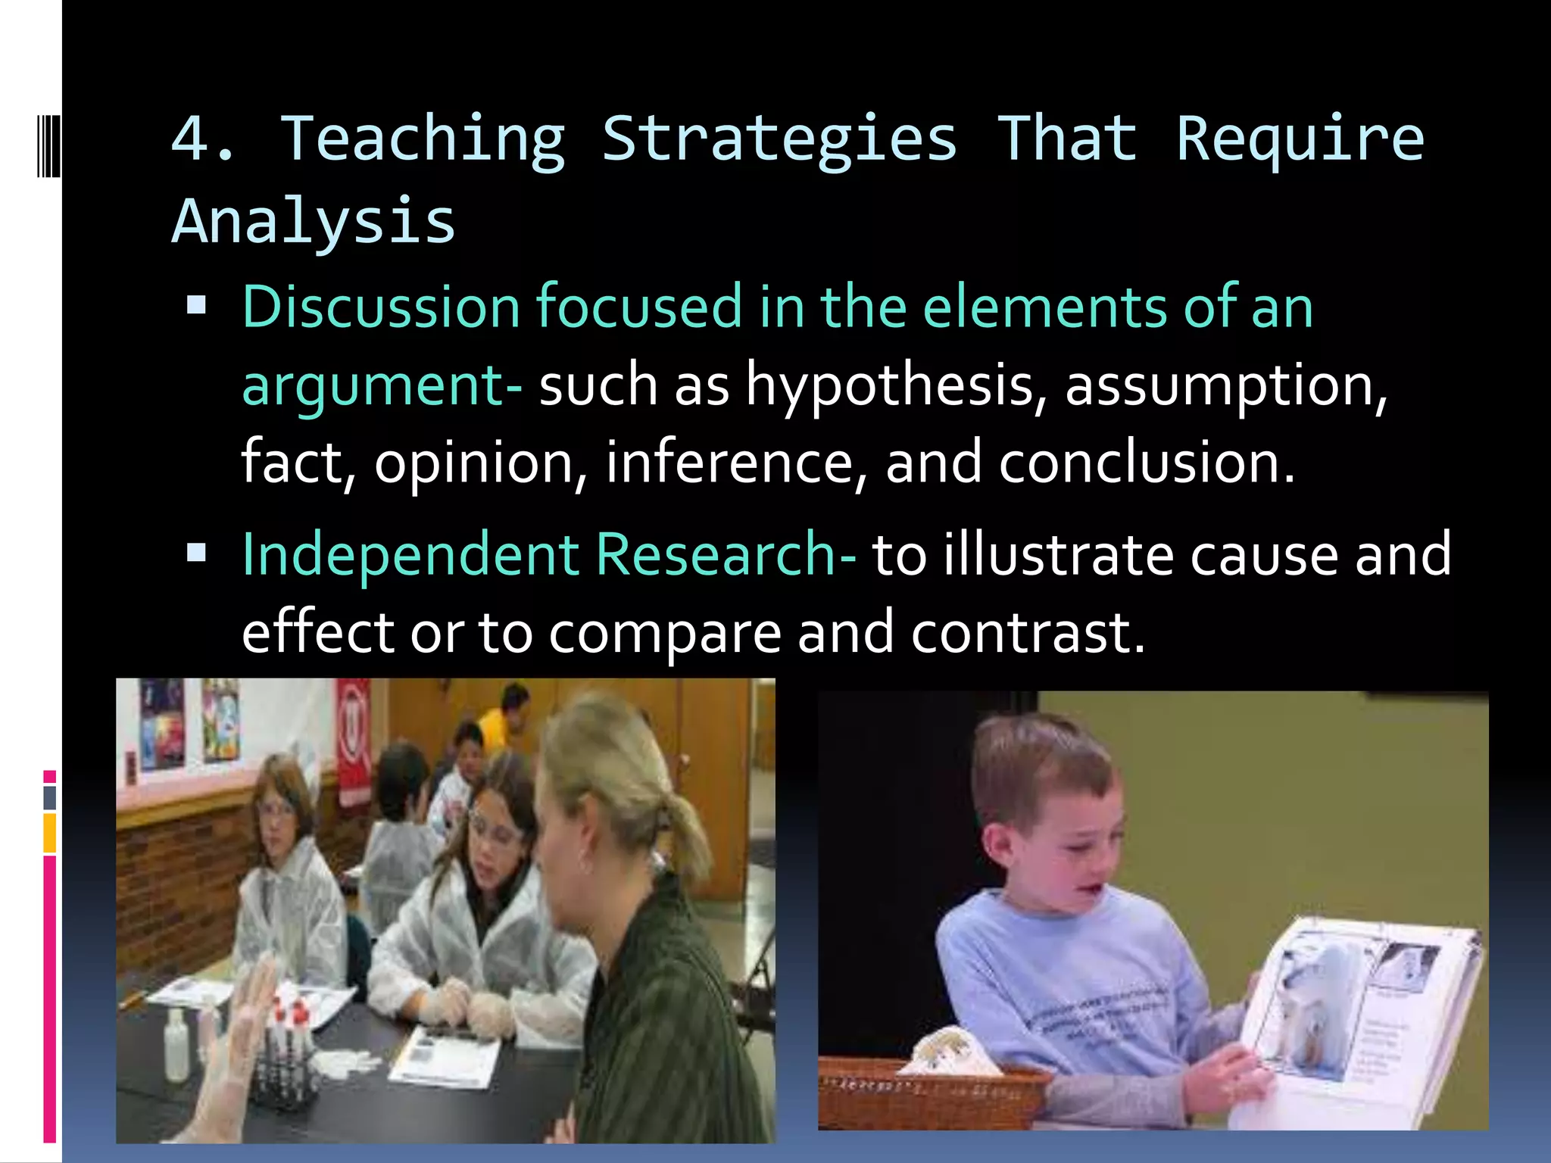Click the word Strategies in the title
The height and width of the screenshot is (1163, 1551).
click(x=779, y=141)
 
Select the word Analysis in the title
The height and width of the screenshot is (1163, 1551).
click(x=314, y=221)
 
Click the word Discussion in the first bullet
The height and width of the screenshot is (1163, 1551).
click(x=380, y=307)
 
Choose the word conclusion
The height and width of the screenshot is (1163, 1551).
click(x=1146, y=463)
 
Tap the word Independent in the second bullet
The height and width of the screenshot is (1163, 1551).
click(x=410, y=555)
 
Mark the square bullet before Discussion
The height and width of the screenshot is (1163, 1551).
click(x=197, y=305)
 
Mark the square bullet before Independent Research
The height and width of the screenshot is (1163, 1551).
click(x=197, y=553)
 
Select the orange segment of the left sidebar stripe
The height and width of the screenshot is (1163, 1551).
click(x=50, y=833)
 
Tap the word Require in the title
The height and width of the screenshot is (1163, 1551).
click(x=1300, y=141)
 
